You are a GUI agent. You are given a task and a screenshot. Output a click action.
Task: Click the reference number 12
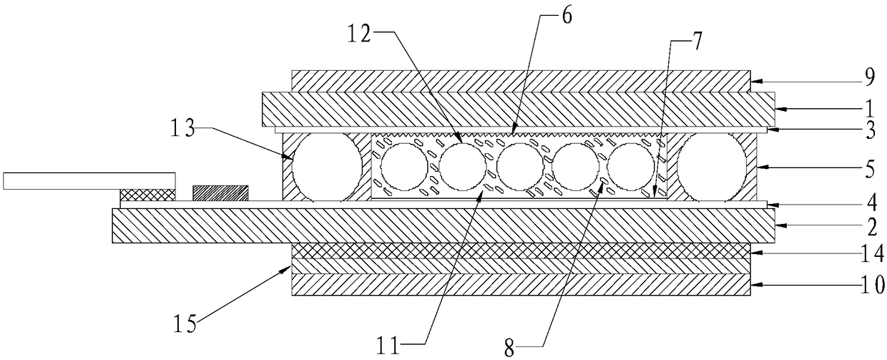click(360, 33)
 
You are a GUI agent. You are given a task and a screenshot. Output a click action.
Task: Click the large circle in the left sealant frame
click(328, 166)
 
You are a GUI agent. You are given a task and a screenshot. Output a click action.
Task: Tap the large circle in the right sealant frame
click(712, 166)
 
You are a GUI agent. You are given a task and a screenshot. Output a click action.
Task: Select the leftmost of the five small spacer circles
click(404, 167)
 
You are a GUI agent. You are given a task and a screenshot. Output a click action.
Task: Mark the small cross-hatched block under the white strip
click(147, 195)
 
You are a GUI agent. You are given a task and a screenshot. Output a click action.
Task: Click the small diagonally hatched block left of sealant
click(220, 193)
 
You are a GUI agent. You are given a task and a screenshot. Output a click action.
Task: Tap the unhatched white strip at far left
click(89, 180)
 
